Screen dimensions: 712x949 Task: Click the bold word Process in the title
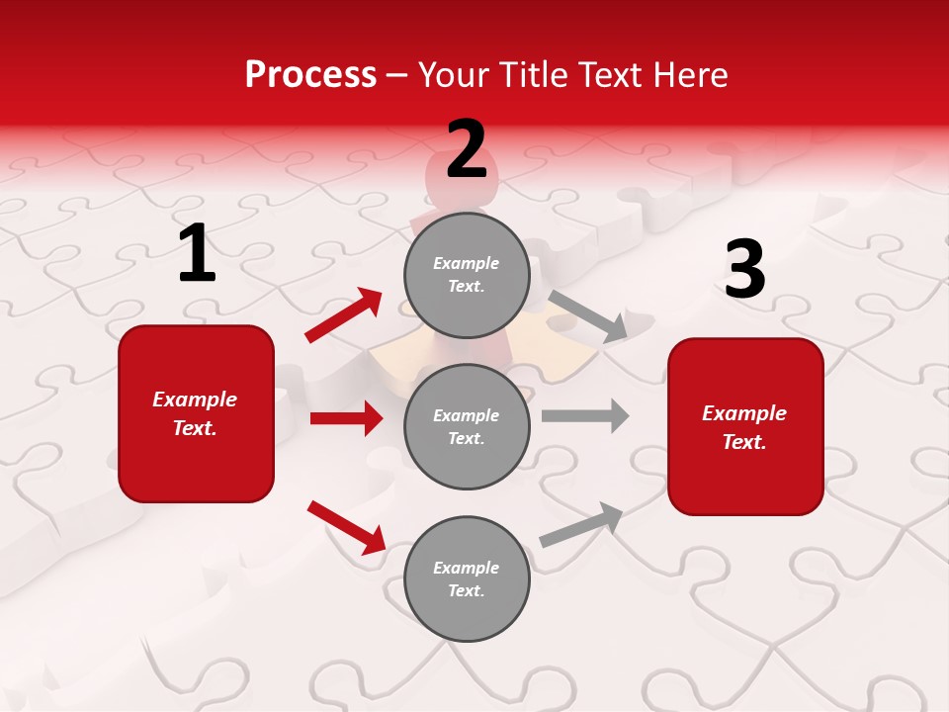(310, 75)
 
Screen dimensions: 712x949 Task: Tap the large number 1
(196, 253)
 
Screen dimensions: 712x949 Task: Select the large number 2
(467, 149)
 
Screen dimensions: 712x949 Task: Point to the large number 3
(744, 269)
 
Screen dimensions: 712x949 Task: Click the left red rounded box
(196, 413)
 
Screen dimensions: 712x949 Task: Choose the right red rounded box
(745, 426)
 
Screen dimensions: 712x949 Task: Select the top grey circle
(467, 275)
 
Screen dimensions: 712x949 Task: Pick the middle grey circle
(467, 426)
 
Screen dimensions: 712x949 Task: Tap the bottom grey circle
(467, 578)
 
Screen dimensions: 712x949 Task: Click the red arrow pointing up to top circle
(344, 315)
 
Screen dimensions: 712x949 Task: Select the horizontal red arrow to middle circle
(346, 418)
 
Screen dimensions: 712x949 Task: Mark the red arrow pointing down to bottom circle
(346, 527)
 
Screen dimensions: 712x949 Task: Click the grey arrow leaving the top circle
(588, 315)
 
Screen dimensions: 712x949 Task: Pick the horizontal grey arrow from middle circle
(585, 415)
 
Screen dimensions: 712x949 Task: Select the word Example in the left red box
(195, 400)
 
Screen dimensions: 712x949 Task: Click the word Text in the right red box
(743, 442)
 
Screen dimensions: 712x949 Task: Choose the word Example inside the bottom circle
(466, 568)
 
